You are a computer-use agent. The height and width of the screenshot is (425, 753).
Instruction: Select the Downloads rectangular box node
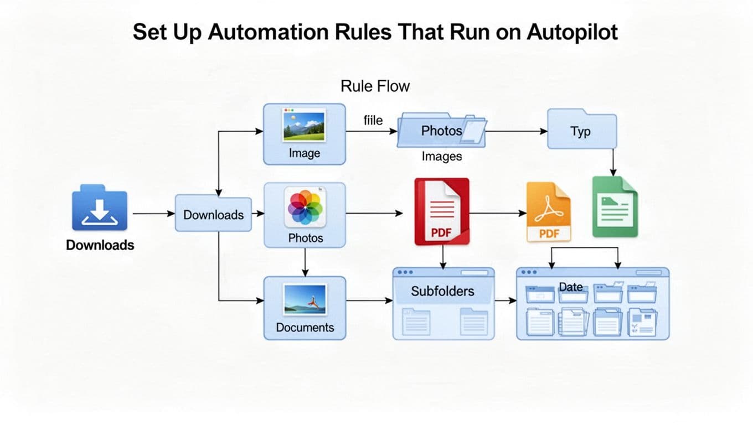pyautogui.click(x=213, y=214)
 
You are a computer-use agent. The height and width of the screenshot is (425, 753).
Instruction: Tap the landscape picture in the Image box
pyautogui.click(x=304, y=126)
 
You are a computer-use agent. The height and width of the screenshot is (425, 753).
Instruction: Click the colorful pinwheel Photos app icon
pyautogui.click(x=305, y=208)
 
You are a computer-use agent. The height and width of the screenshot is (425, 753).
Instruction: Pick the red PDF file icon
pyautogui.click(x=442, y=211)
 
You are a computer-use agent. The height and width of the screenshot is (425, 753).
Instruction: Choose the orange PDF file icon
pyautogui.click(x=549, y=212)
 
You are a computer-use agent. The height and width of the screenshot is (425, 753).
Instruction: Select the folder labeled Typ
pyautogui.click(x=581, y=131)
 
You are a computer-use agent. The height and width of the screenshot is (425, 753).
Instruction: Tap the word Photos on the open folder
pyautogui.click(x=441, y=131)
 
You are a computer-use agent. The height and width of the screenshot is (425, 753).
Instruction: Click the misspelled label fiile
pyautogui.click(x=373, y=120)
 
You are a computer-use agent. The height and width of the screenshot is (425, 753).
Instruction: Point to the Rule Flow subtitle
pyautogui.click(x=375, y=86)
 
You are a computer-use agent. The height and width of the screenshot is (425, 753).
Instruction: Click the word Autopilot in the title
pyautogui.click(x=572, y=32)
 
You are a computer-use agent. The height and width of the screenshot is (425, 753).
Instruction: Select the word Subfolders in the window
pyautogui.click(x=442, y=291)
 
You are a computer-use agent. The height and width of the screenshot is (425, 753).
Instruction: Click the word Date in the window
pyautogui.click(x=570, y=287)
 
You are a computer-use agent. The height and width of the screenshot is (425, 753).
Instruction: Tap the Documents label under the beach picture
pyautogui.click(x=305, y=327)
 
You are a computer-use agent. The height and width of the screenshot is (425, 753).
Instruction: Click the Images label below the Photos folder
pyautogui.click(x=441, y=156)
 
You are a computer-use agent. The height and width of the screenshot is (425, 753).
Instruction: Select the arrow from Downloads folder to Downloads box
pyautogui.click(x=153, y=213)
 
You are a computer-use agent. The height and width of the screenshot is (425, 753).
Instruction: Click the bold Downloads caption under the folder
pyautogui.click(x=100, y=245)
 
